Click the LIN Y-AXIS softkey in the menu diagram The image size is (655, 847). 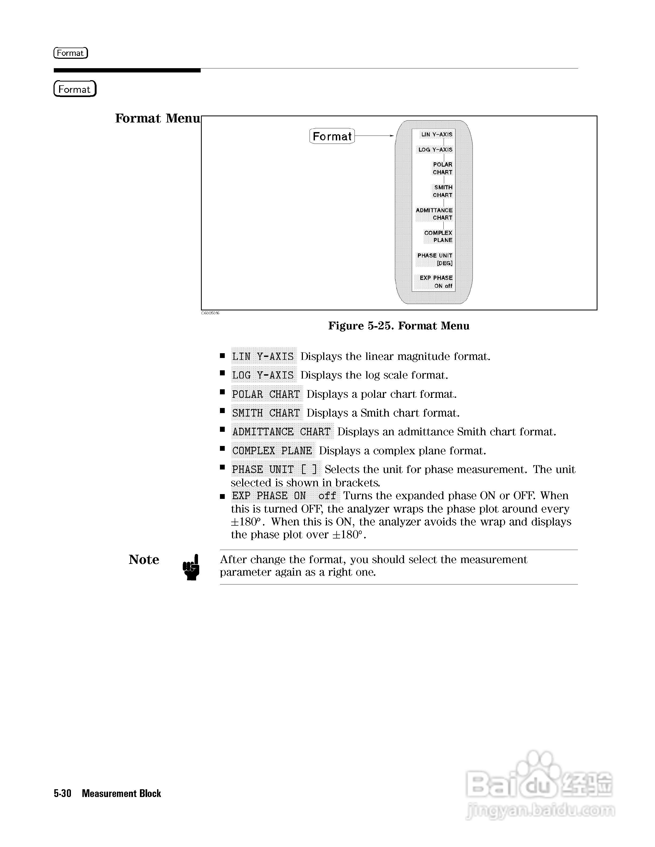[x=437, y=134]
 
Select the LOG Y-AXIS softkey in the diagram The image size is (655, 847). [x=435, y=150]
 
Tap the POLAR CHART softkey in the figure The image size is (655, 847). [x=442, y=168]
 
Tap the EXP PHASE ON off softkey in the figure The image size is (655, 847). [x=436, y=282]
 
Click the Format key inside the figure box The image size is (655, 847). [x=332, y=136]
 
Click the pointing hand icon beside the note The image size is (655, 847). [x=191, y=567]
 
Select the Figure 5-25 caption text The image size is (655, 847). [x=398, y=326]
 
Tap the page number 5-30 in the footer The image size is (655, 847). [x=62, y=794]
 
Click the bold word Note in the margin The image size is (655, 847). [x=144, y=560]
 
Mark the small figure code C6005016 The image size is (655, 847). [x=210, y=313]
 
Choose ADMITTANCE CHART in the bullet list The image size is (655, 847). [x=282, y=432]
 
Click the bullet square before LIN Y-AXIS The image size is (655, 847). [x=222, y=355]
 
